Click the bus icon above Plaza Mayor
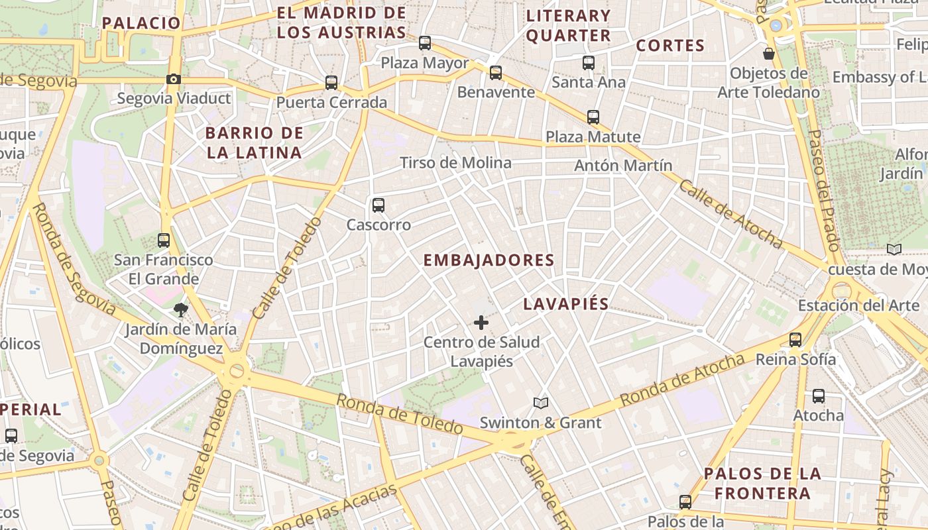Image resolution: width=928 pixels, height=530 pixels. coord(425,43)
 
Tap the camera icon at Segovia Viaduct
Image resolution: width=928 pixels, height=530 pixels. coord(174,79)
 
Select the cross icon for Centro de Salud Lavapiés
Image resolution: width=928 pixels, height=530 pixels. coord(481,323)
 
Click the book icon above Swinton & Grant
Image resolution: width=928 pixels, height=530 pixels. coord(541,403)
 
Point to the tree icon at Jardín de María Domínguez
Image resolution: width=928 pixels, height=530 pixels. coord(180,309)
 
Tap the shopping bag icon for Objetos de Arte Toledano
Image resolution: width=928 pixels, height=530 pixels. coord(769,54)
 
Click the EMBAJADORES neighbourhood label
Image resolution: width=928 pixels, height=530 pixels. coord(489,260)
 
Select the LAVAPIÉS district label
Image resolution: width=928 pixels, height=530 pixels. coord(565,304)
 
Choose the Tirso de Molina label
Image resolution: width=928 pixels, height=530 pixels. coord(455,163)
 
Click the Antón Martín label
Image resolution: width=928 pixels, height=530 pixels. coord(623,166)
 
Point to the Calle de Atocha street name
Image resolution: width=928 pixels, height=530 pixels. coord(730,214)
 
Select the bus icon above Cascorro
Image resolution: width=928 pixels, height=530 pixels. coord(378,205)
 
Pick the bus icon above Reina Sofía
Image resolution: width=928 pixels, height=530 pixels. coord(795,340)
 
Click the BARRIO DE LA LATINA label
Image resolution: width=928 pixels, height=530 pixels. coord(255,142)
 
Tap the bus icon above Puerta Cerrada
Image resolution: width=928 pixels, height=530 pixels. coord(331,83)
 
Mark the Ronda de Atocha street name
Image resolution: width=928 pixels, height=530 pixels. coord(682,381)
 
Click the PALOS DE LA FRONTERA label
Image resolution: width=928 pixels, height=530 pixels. coord(762,484)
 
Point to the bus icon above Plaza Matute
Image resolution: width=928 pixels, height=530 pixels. coord(593,117)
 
